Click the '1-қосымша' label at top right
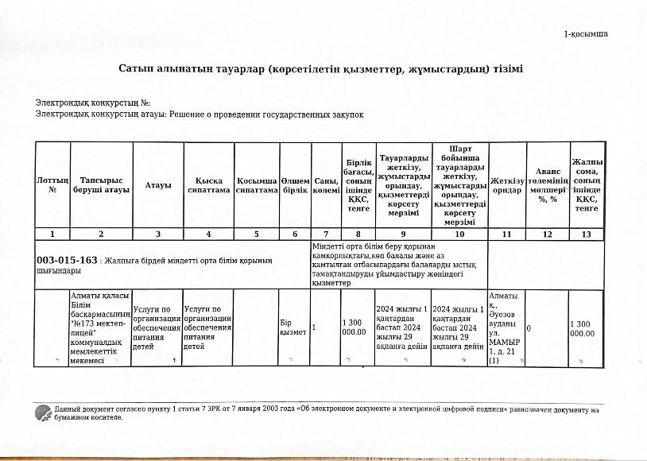pos(586,34)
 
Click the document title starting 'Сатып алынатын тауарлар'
pos(320,69)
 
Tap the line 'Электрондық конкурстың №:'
pos(93,103)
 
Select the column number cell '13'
pos(587,234)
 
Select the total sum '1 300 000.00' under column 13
pos(587,327)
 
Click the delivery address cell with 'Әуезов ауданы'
pos(506,327)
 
